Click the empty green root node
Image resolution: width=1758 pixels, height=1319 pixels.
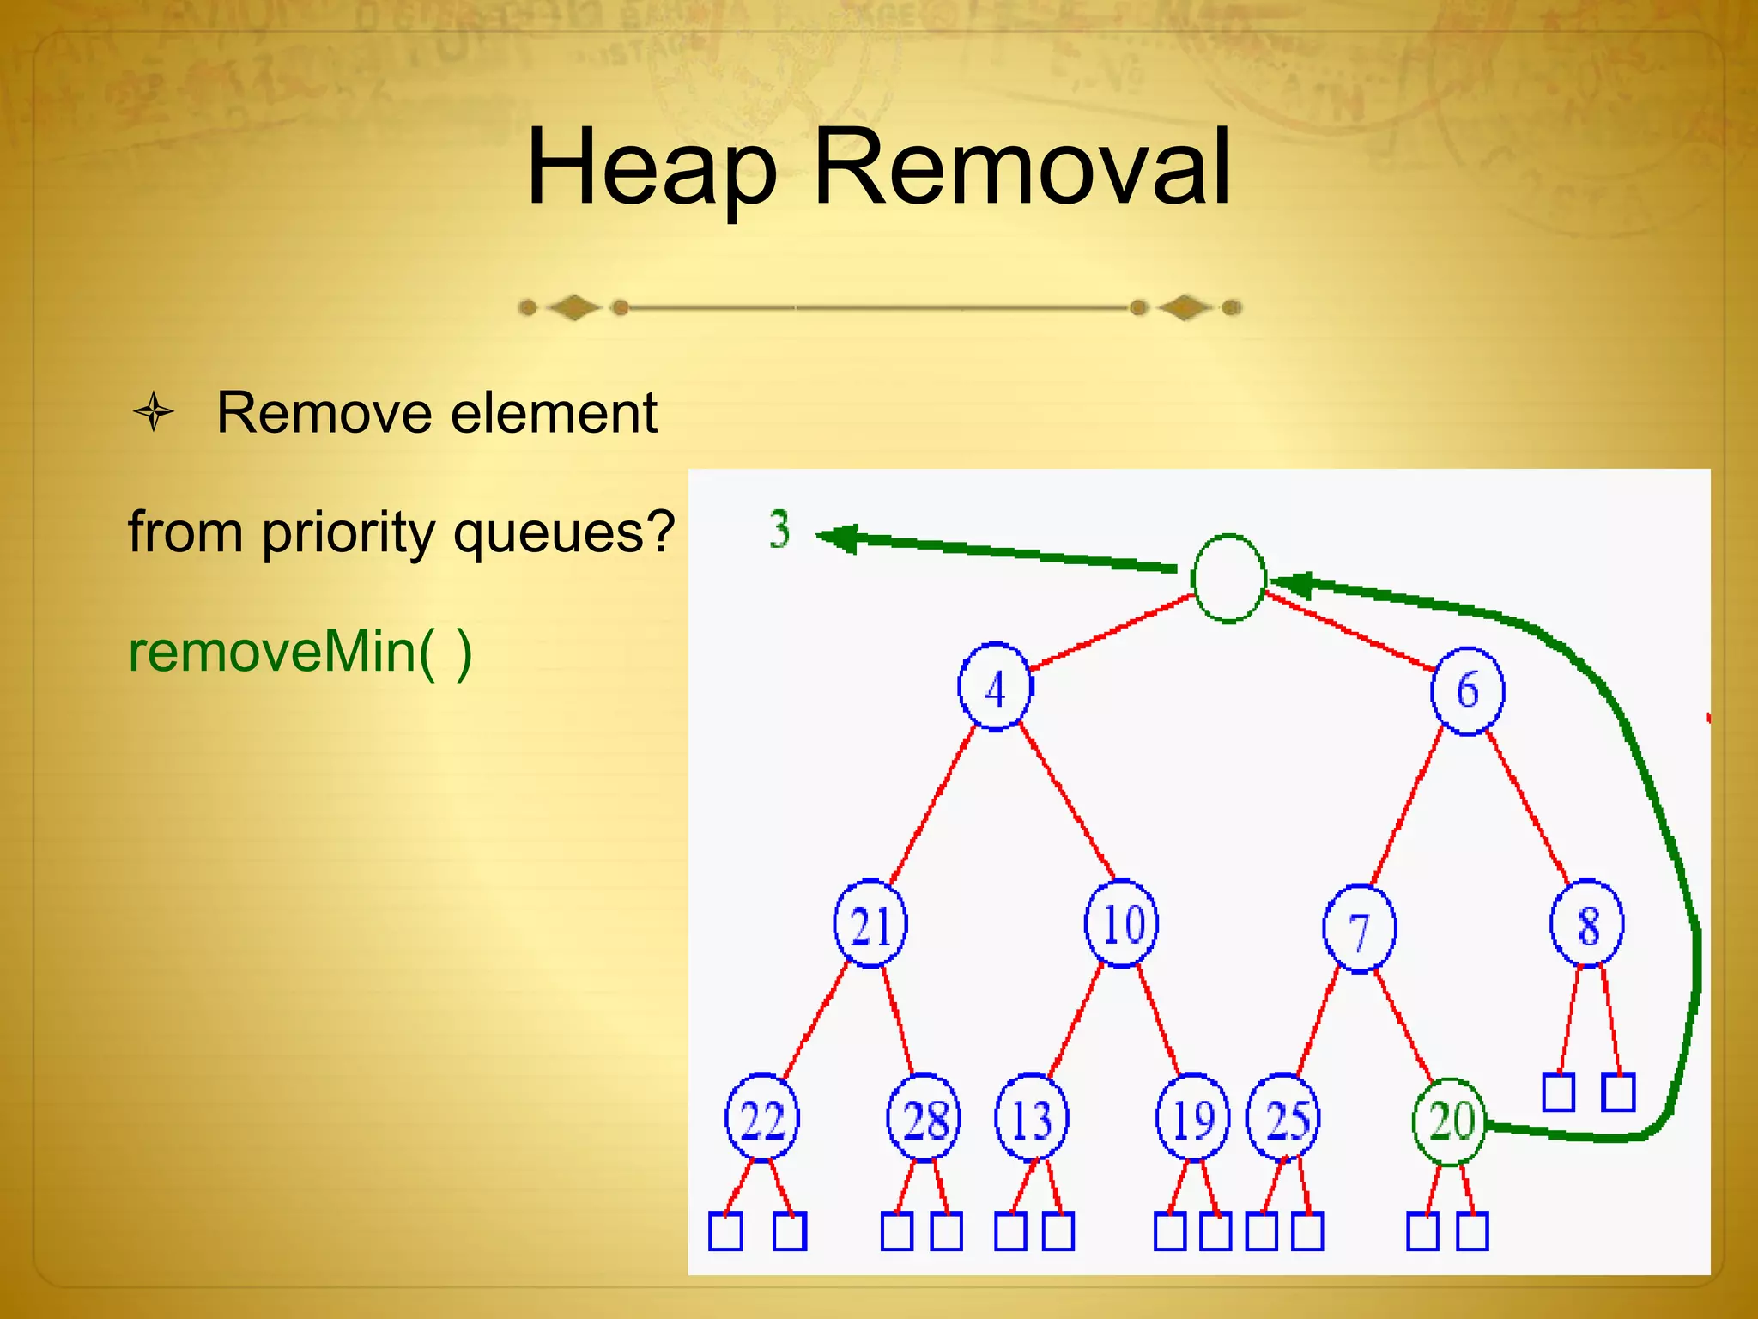coord(1228,579)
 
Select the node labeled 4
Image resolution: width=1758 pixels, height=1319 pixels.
coord(996,687)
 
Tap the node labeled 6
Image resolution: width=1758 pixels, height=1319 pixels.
coord(1467,690)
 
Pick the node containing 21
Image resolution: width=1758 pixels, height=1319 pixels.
coord(870,924)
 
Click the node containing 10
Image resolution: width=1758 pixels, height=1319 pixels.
coord(1121,924)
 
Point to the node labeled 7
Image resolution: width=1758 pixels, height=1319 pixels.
coord(1360,928)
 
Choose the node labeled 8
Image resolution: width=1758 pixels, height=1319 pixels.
coord(1587,924)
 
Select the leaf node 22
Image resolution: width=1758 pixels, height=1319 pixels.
coord(762,1118)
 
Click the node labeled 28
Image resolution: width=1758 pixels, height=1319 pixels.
coord(924,1118)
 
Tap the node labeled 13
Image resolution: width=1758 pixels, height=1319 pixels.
coord(1032,1118)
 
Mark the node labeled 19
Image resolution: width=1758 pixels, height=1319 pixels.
coord(1193,1118)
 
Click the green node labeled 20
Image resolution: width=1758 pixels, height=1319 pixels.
coord(1450,1121)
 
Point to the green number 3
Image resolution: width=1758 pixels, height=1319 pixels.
coord(779,529)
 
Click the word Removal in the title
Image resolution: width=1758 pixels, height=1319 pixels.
coord(1021,167)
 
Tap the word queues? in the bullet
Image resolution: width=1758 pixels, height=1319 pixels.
coord(564,532)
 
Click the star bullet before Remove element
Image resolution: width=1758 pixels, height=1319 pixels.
coord(154,412)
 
